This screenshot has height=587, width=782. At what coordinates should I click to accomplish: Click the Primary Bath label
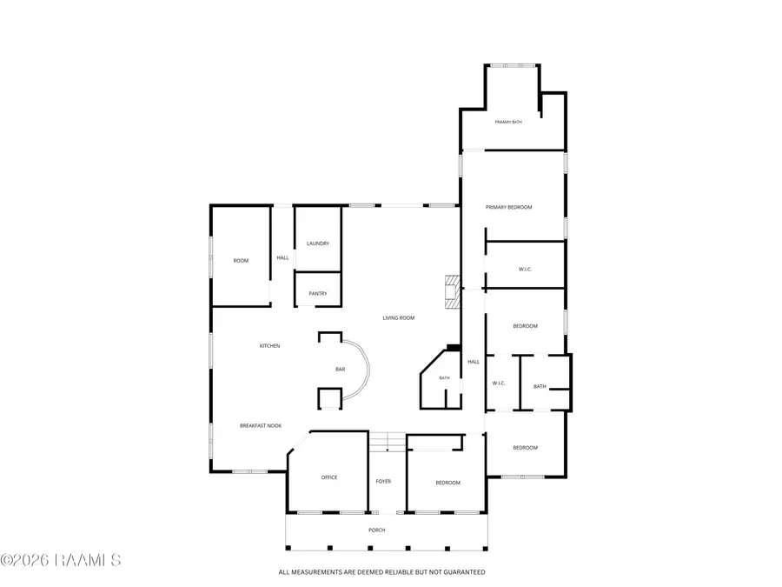click(x=508, y=122)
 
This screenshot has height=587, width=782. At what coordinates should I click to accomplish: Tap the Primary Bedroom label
click(x=508, y=207)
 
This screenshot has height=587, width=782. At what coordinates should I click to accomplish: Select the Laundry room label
click(x=318, y=243)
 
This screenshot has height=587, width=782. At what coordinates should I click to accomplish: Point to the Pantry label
click(x=318, y=294)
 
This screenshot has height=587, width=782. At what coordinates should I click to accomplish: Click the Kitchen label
click(x=270, y=346)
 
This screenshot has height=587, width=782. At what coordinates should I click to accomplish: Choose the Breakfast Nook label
click(x=261, y=426)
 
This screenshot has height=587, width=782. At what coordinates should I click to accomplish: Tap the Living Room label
click(x=399, y=318)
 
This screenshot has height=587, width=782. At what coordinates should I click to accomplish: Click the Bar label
click(x=340, y=370)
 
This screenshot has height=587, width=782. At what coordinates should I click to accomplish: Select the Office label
click(x=329, y=477)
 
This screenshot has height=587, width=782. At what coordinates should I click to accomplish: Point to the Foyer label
click(x=383, y=482)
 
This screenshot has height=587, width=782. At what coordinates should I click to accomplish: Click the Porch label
click(x=376, y=530)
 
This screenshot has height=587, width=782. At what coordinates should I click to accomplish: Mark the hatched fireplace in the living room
click(x=453, y=292)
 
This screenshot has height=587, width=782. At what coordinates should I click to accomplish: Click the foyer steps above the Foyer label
click(x=387, y=443)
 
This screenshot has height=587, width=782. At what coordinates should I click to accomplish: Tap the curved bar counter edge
click(x=368, y=370)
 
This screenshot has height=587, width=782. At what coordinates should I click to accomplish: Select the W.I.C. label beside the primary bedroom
click(x=525, y=270)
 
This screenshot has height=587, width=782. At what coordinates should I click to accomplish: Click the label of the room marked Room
click(x=241, y=261)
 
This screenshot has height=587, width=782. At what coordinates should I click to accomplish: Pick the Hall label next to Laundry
click(x=282, y=258)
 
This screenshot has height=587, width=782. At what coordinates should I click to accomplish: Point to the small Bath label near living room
click(x=444, y=378)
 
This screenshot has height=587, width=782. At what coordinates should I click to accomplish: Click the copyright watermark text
click(x=60, y=560)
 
